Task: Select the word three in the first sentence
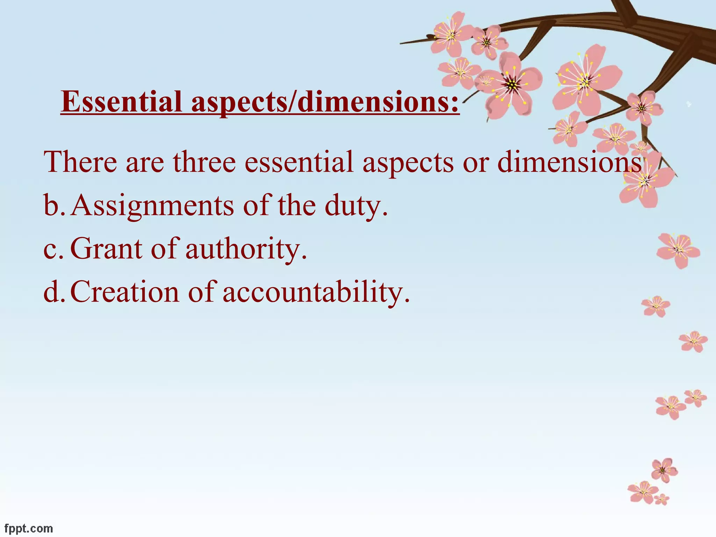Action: tap(204, 162)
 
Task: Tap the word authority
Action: tap(246, 249)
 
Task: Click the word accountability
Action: tap(316, 292)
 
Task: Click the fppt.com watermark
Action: tap(29, 528)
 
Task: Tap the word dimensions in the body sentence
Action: tap(570, 162)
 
